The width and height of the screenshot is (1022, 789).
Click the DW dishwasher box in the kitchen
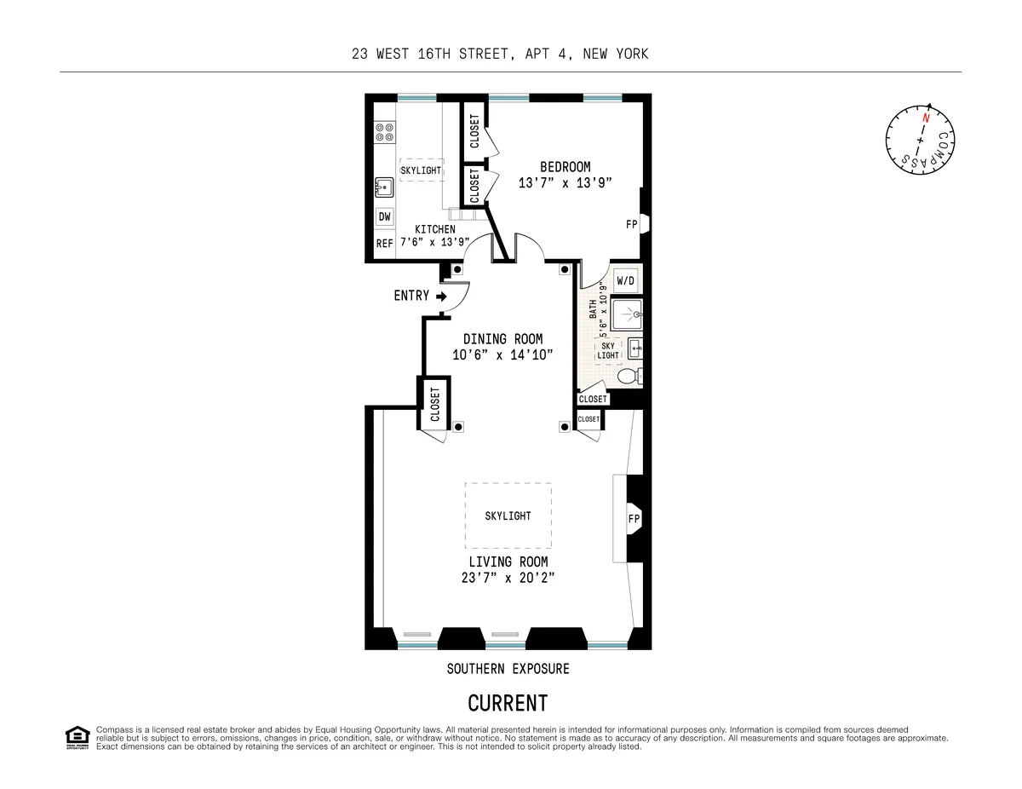click(x=385, y=217)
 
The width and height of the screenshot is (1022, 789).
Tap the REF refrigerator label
click(x=385, y=243)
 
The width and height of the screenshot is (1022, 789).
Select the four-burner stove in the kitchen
click(x=384, y=132)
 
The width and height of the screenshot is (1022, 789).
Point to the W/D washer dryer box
click(x=625, y=280)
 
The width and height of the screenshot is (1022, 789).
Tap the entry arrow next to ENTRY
click(x=441, y=297)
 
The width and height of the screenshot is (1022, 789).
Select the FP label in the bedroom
click(x=632, y=224)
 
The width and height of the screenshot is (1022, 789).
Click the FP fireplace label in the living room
click(x=634, y=518)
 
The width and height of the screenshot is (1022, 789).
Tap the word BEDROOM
click(x=565, y=167)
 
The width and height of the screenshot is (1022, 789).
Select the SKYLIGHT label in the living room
click(x=508, y=516)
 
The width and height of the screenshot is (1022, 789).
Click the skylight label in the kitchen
click(x=421, y=170)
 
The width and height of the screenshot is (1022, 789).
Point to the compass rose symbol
click(x=920, y=139)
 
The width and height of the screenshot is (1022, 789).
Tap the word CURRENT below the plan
click(x=508, y=704)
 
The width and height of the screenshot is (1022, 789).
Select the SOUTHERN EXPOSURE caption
click(x=508, y=669)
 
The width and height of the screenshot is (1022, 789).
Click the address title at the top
click(x=501, y=54)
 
